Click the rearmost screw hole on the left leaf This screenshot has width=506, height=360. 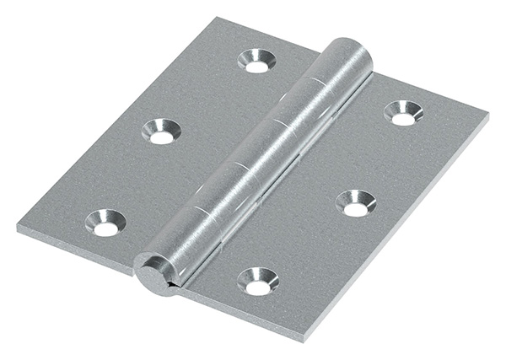tap(256, 61)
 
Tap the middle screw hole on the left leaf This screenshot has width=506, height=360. tap(160, 131)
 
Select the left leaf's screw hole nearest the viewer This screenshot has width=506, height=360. tap(105, 223)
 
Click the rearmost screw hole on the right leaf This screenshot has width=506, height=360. tap(403, 113)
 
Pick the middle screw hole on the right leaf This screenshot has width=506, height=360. tap(355, 203)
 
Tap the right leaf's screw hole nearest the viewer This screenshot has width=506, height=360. tap(258, 282)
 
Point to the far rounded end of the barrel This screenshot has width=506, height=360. tap(353, 51)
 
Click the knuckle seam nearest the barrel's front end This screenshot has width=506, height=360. tap(202, 208)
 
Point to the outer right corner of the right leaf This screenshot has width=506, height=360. tap(487, 112)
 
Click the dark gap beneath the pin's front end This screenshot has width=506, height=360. tap(172, 289)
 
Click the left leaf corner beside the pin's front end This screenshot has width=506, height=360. tap(135, 271)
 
